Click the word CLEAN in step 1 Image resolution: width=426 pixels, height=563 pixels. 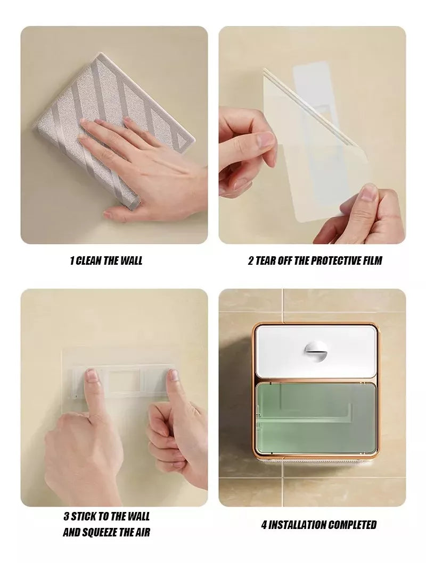(x=88, y=261)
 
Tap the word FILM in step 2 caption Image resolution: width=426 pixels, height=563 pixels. (x=372, y=261)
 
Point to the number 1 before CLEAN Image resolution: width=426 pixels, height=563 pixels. (x=71, y=261)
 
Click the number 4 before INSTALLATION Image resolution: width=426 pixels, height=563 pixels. (x=264, y=525)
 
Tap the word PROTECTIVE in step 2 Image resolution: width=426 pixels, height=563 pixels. (x=336, y=261)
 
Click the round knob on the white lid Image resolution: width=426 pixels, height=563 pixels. (x=315, y=351)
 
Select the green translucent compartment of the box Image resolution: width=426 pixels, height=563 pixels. (x=316, y=417)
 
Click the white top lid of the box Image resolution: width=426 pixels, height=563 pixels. (x=316, y=351)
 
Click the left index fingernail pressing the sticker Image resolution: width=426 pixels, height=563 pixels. (x=92, y=375)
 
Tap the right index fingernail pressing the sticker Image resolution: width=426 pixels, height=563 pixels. (x=173, y=375)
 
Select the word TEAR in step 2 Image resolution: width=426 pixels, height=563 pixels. (x=265, y=261)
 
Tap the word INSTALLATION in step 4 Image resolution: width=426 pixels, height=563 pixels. (x=298, y=525)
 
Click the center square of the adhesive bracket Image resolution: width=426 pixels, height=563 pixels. (x=126, y=379)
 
